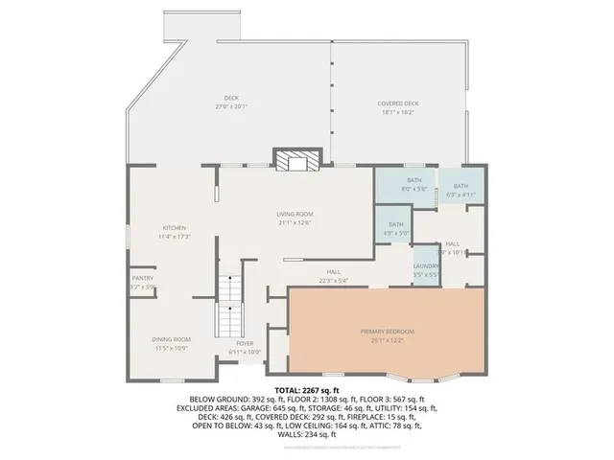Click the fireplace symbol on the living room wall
[x=295, y=160]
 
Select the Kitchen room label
[x=173, y=227]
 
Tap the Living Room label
[x=295, y=214]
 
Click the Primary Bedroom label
[x=387, y=331]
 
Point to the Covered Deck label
[x=397, y=103]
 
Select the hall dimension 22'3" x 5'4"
[x=333, y=280]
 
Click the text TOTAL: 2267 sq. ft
[x=306, y=390]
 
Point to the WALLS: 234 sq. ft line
[x=307, y=435]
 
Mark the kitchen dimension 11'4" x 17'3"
[x=173, y=235]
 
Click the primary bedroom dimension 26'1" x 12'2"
[x=387, y=338]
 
